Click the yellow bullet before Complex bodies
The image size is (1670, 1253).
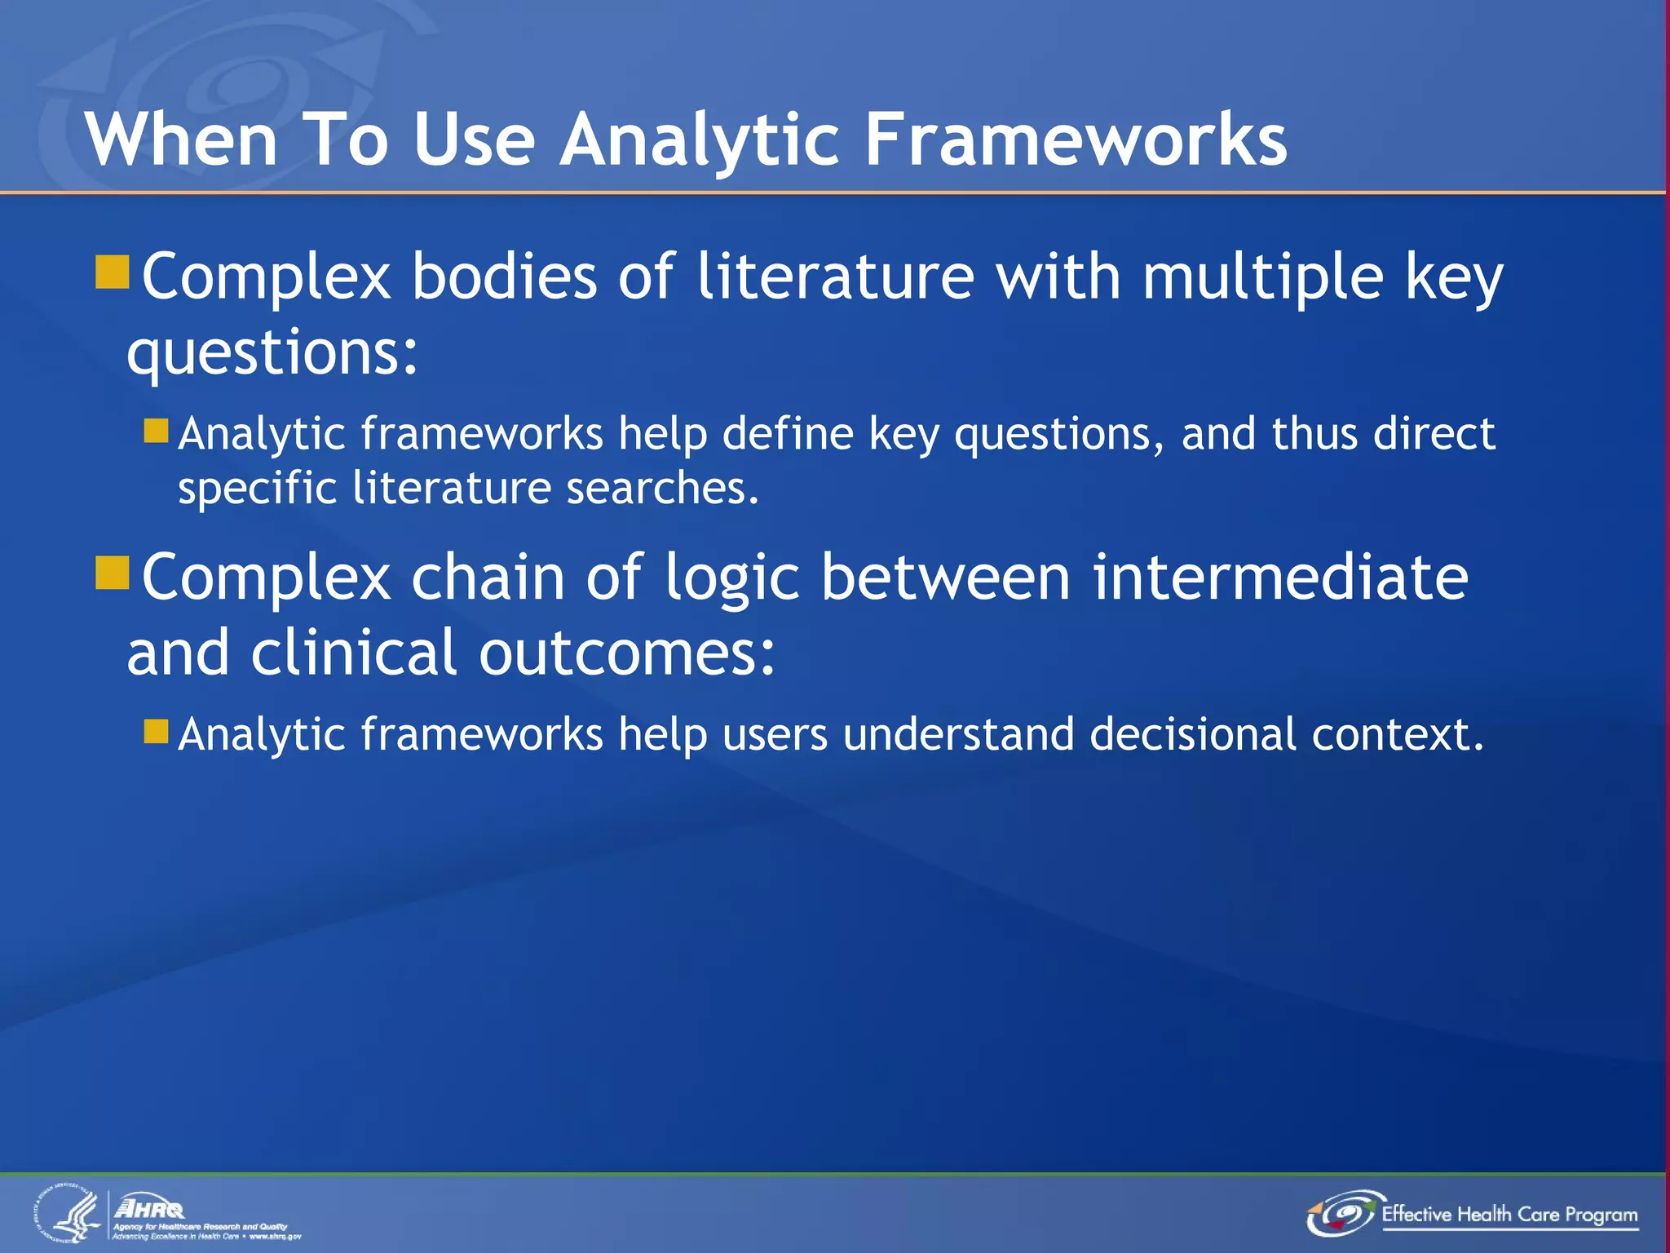point(113,272)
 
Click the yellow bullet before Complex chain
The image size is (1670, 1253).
point(113,573)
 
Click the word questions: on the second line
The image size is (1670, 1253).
point(272,352)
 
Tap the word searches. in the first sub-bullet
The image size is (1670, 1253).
point(662,488)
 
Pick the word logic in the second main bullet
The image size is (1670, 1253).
point(731,578)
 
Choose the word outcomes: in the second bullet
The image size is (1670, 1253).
point(626,653)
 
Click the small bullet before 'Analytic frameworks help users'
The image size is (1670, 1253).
point(156,730)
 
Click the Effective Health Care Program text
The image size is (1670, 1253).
point(1509,1214)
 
